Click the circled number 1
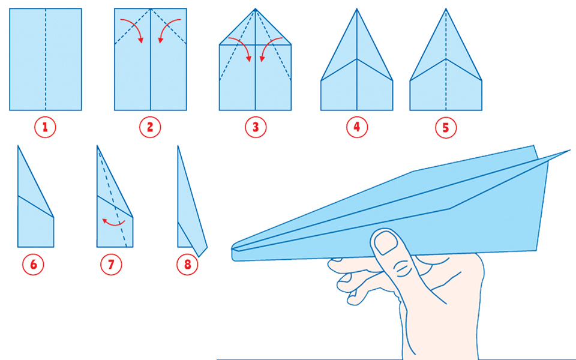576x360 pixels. [45, 127]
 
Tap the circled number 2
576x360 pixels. [150, 127]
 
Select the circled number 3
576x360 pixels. [256, 127]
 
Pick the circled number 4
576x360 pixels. [356, 127]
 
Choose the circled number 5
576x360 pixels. [446, 127]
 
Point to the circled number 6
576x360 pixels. [34, 264]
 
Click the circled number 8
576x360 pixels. [187, 264]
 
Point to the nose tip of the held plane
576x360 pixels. [233, 250]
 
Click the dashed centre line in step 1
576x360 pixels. [46, 59]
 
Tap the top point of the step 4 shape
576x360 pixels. [356, 9]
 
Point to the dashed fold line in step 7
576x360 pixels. [112, 196]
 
